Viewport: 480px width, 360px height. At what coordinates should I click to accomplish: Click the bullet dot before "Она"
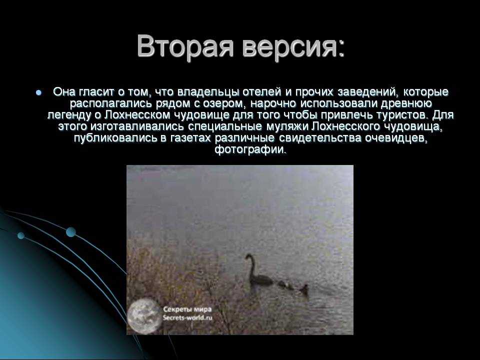[x=38, y=93]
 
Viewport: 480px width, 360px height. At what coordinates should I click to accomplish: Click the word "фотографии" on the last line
[x=250, y=149]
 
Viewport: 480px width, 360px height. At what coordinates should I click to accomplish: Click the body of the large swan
[x=261, y=277]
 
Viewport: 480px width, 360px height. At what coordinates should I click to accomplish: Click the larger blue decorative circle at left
[x=71, y=231]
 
